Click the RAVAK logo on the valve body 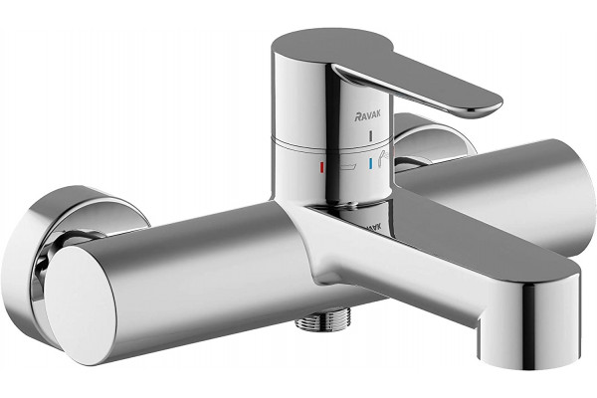coord(367,116)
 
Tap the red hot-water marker coord(321,166)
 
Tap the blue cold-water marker coord(370,163)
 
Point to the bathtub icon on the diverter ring coord(348,167)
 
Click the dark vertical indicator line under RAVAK coord(370,135)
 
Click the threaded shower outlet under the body coord(312,321)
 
